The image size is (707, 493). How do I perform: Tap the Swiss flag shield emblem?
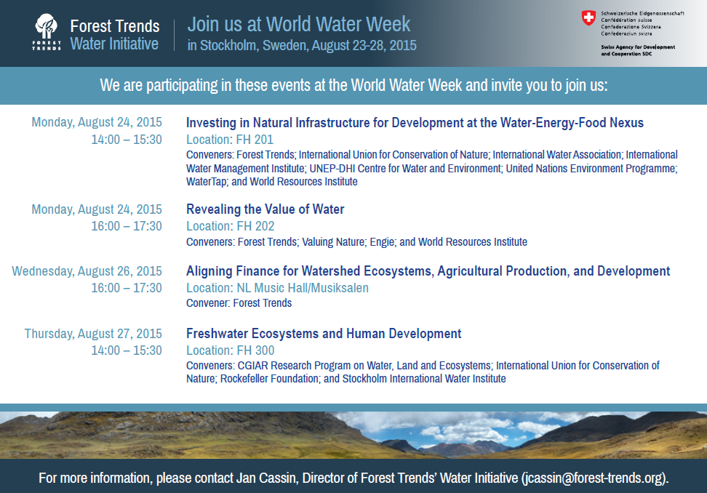(588, 18)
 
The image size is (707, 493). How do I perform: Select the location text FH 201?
(255, 140)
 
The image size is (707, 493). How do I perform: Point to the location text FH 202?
(255, 226)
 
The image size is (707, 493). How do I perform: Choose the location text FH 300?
(255, 350)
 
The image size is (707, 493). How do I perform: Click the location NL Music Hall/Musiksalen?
(303, 288)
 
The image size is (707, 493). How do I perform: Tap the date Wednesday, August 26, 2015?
(87, 271)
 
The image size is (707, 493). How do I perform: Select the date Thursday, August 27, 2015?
(93, 334)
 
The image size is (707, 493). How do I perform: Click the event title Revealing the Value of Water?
(265, 209)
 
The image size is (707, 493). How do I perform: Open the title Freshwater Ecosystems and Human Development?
(324, 334)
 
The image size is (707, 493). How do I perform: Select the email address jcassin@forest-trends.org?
(594, 478)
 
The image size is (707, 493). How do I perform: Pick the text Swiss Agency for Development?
(638, 47)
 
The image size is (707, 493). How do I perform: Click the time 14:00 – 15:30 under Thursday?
(127, 350)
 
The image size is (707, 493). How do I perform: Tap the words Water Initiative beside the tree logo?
(114, 44)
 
